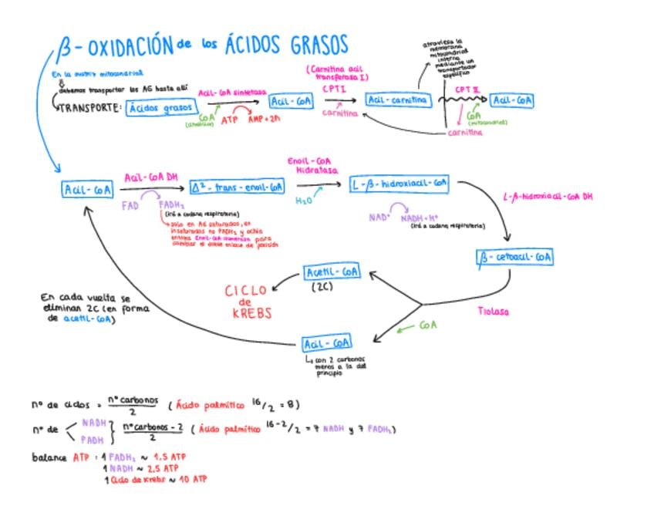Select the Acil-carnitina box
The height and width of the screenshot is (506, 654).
click(x=398, y=101)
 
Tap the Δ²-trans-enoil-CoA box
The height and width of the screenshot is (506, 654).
click(x=238, y=187)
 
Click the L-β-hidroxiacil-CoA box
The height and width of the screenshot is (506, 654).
click(x=399, y=184)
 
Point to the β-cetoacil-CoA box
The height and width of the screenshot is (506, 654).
click(x=516, y=258)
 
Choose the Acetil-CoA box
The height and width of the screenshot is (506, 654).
click(x=332, y=272)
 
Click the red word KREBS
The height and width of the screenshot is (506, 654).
click(x=247, y=315)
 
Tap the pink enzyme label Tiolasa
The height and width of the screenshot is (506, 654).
click(x=494, y=312)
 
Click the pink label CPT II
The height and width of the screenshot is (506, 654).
click(x=467, y=89)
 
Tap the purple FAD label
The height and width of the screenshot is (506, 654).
click(x=130, y=206)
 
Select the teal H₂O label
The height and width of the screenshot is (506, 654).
click(x=305, y=200)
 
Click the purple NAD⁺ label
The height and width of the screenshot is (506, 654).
click(x=379, y=218)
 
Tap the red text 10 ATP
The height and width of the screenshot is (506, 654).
click(x=194, y=479)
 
